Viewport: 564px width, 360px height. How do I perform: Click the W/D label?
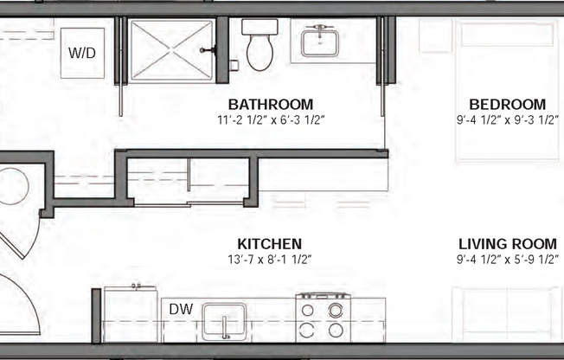pyautogui.click(x=82, y=52)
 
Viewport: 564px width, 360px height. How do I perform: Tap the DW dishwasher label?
pyautogui.click(x=180, y=308)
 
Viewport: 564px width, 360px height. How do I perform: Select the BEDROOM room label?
pyautogui.click(x=502, y=105)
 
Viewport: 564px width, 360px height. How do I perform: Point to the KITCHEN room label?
pyautogui.click(x=270, y=244)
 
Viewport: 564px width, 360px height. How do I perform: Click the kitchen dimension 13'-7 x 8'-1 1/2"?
pyautogui.click(x=270, y=259)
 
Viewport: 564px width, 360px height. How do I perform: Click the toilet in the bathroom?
pyautogui.click(x=259, y=50)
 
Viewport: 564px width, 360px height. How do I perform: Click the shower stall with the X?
pyautogui.click(x=171, y=50)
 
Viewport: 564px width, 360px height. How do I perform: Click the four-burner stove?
pyautogui.click(x=321, y=318)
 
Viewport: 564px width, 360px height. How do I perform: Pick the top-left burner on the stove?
pyautogui.click(x=308, y=309)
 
